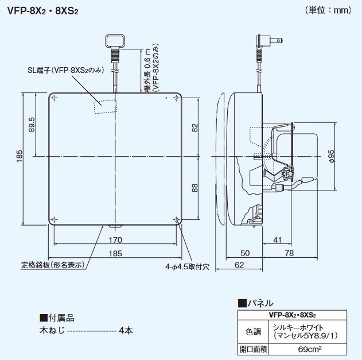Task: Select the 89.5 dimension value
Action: [32, 124]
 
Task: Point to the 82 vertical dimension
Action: [194, 127]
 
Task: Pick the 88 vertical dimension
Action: [194, 189]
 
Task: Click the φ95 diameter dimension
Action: [332, 156]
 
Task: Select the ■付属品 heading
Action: [57, 318]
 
